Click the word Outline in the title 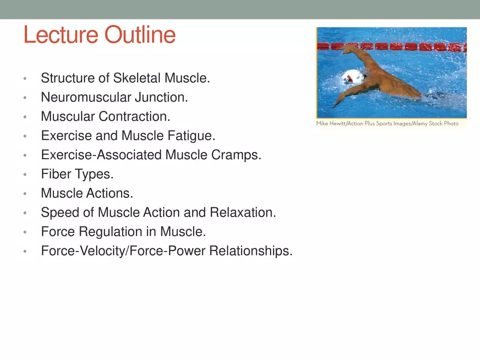pos(140,35)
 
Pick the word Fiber pos(55,175)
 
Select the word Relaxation pos(243,213)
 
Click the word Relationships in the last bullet pos(251,251)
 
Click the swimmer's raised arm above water pos(364,57)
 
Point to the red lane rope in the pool pos(415,47)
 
